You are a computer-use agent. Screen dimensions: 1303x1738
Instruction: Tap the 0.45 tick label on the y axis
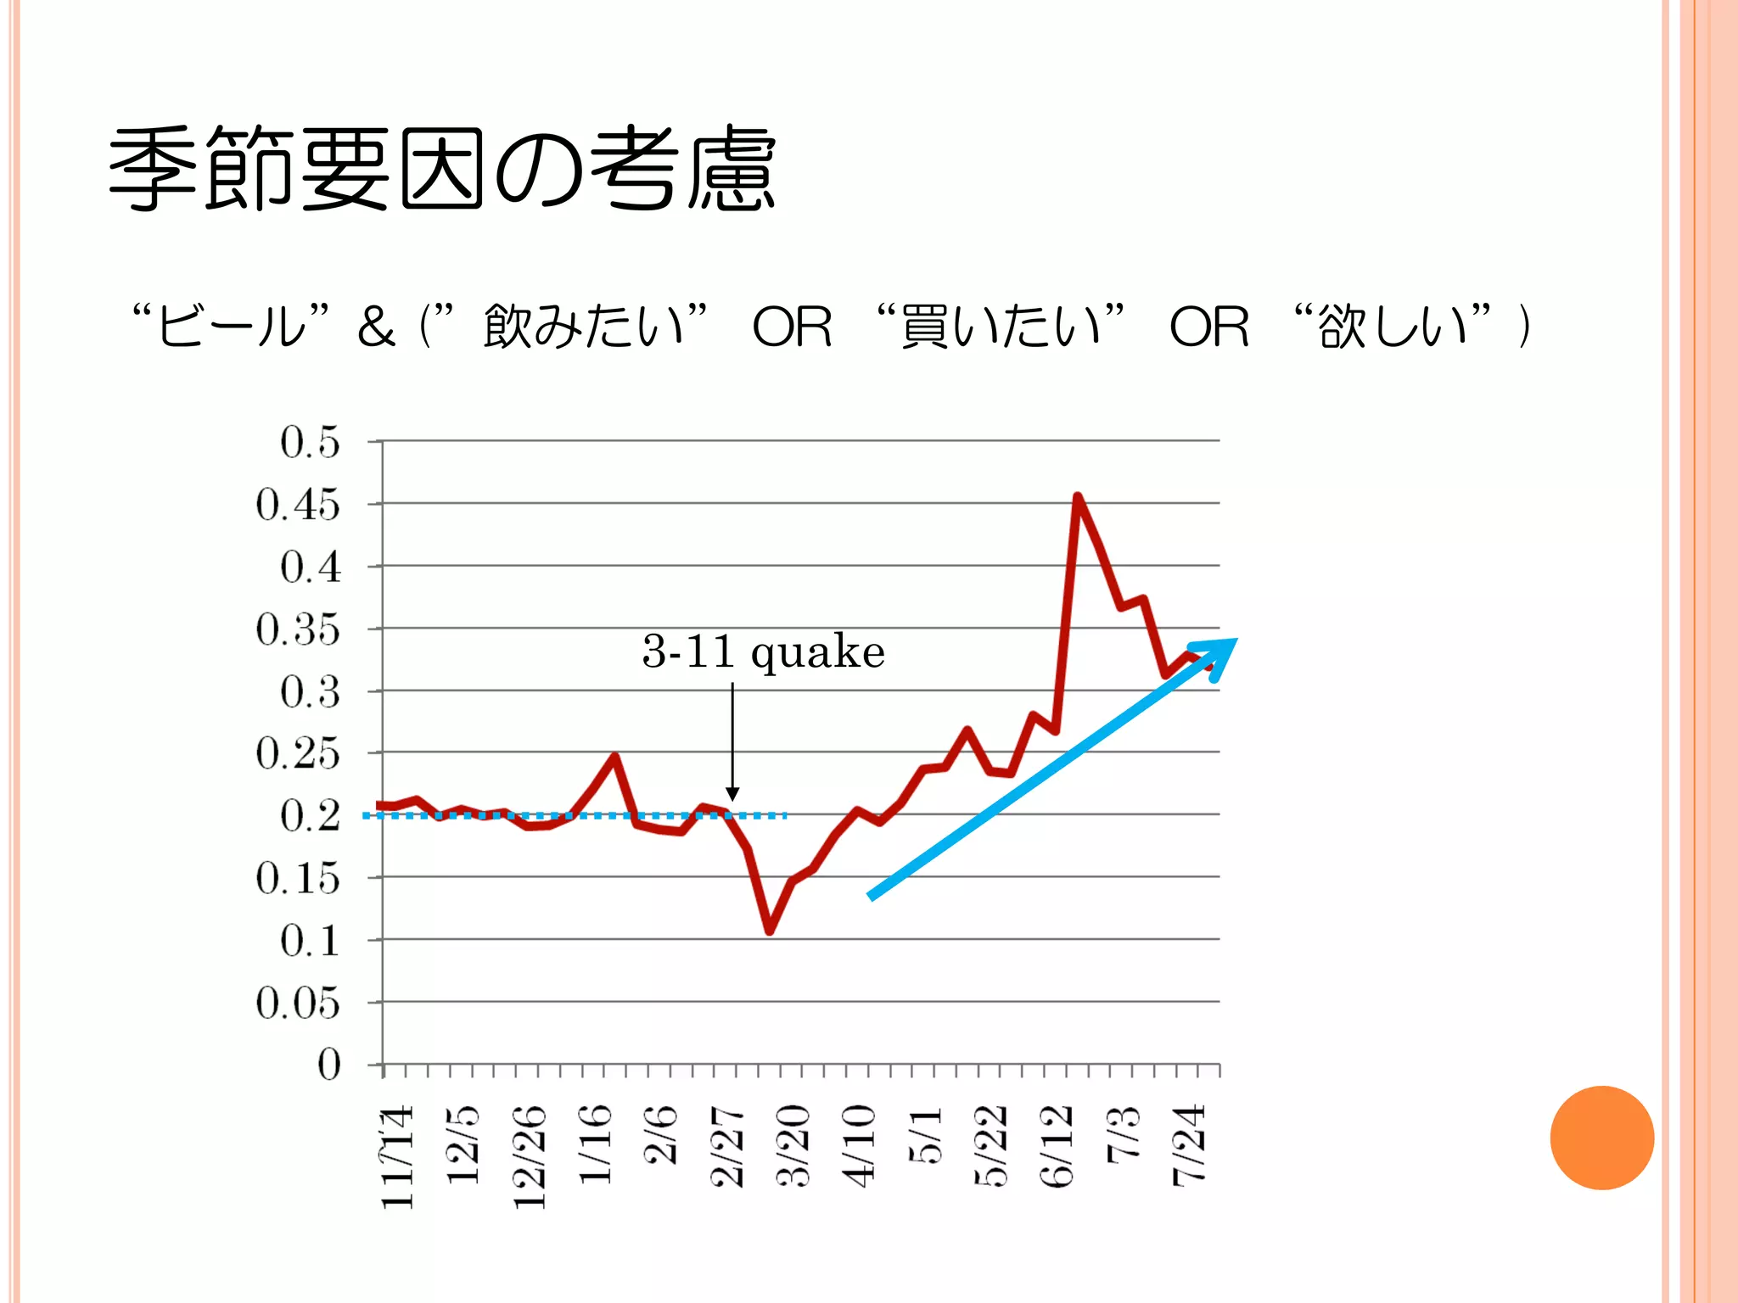coord(298,505)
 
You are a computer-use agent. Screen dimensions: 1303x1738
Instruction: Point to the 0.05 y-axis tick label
coord(298,1004)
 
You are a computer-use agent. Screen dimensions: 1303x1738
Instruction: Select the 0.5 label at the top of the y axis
coord(310,442)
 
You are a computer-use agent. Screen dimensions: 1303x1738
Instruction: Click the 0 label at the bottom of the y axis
coord(328,1065)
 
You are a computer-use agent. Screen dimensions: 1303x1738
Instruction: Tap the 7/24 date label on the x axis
coord(1189,1145)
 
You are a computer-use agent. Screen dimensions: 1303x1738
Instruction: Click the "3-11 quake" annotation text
coord(763,651)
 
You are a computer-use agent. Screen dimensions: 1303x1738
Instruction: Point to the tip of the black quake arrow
coord(732,798)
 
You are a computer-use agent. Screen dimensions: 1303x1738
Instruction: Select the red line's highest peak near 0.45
coord(1077,497)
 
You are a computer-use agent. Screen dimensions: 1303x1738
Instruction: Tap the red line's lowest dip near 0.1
coord(769,931)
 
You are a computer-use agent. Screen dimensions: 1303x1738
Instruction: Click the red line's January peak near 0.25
coord(614,756)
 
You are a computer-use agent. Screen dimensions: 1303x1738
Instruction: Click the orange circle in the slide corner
coord(1601,1138)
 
